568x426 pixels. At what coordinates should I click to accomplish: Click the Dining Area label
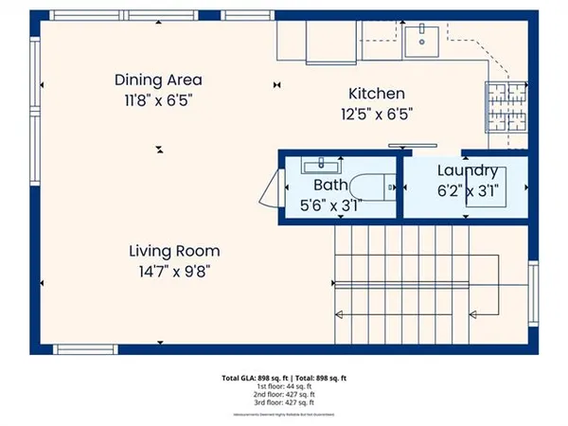point(158,80)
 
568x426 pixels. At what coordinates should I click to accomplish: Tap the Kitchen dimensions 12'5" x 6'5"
point(377,113)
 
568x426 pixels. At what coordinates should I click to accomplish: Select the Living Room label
point(174,251)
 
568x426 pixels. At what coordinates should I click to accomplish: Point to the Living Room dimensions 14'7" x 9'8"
point(174,270)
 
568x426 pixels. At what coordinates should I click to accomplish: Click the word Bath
point(330,186)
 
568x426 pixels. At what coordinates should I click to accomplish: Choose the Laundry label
point(468,171)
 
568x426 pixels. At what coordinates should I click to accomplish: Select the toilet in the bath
point(372,187)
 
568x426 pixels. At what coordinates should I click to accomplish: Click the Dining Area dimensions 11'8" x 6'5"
point(158,98)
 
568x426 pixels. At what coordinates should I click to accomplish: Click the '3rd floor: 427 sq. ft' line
point(284,402)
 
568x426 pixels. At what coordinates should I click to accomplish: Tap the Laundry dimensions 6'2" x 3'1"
point(468,190)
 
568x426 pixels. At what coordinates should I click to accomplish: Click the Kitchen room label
point(377,94)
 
